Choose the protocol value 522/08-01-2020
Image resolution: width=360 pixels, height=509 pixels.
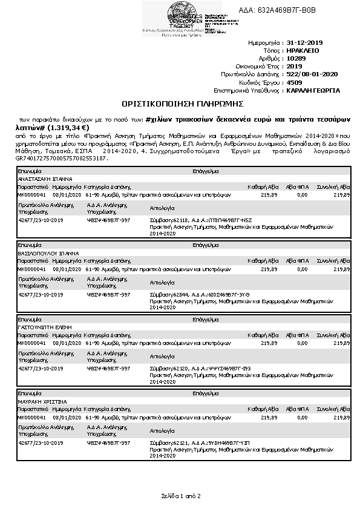[312, 74]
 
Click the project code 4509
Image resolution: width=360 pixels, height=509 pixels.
[294, 82]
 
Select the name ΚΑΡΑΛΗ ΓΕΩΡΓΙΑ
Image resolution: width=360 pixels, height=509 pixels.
[313, 90]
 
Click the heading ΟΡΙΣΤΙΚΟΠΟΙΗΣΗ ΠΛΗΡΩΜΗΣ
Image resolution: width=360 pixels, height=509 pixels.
[180, 103]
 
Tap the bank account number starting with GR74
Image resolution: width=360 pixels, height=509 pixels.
[61, 158]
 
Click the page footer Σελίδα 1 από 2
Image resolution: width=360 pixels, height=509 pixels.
[180, 496]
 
